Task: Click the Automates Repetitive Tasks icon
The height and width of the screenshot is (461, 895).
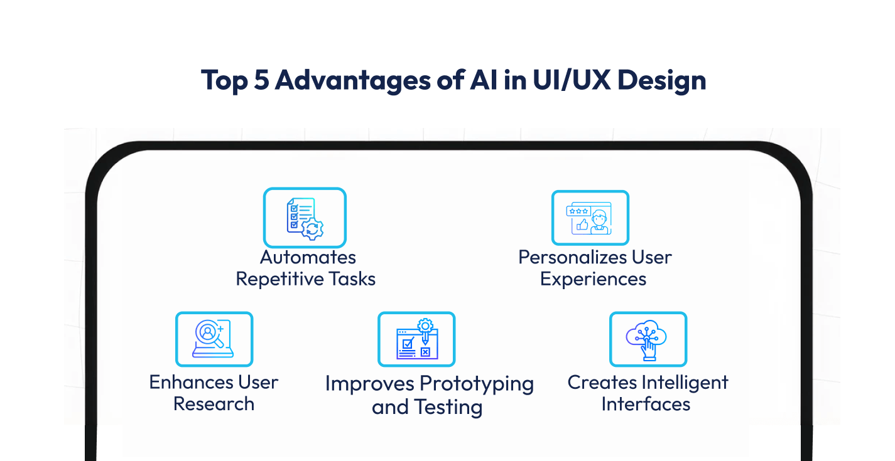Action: click(305, 217)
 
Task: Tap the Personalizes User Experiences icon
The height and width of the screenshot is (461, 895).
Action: click(590, 218)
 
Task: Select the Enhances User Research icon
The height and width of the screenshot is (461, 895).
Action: click(214, 339)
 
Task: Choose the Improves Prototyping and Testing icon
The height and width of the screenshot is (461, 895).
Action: click(416, 339)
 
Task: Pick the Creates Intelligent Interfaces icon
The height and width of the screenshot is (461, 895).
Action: click(648, 339)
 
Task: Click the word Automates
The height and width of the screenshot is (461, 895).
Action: click(308, 257)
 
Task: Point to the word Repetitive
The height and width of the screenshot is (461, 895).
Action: click(276, 278)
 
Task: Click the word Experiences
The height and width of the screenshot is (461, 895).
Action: click(593, 278)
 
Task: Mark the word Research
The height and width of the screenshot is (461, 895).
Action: click(214, 403)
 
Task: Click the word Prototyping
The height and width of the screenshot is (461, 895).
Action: click(476, 384)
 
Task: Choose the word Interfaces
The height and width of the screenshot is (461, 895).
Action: click(646, 403)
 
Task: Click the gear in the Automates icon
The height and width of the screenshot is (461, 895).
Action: click(312, 230)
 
